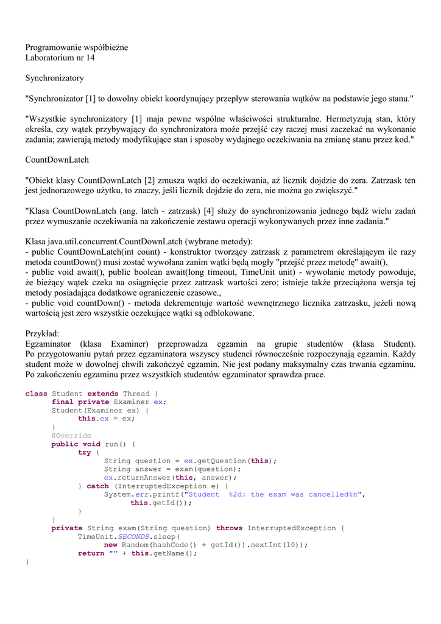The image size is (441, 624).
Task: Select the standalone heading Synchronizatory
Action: (x=54, y=78)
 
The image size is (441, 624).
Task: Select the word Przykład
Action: (x=42, y=334)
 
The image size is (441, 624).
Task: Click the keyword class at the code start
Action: (x=36, y=394)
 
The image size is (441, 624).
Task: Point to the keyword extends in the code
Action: (x=103, y=394)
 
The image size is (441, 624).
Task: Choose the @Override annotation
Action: (x=71, y=436)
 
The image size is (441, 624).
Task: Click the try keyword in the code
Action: (x=84, y=453)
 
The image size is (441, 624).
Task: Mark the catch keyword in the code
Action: (x=97, y=486)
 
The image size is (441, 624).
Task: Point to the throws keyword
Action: (x=229, y=528)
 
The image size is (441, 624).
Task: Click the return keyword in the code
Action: (x=91, y=554)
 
